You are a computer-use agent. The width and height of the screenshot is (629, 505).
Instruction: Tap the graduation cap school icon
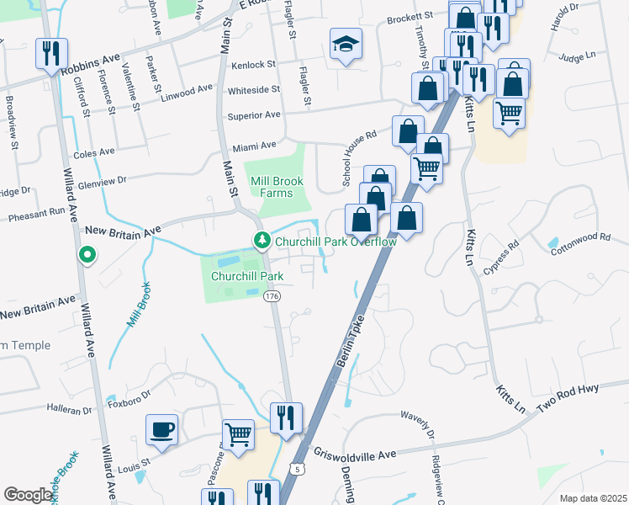tap(345, 44)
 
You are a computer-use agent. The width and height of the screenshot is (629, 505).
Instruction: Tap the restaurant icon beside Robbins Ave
tap(51, 54)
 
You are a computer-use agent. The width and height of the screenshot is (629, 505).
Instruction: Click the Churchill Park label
tap(247, 275)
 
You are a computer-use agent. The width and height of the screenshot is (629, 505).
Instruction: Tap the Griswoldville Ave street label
tap(354, 454)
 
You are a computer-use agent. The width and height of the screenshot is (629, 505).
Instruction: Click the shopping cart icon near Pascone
tap(239, 435)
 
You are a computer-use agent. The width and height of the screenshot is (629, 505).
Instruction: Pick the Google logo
tap(28, 495)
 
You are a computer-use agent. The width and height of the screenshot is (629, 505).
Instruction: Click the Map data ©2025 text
tap(592, 498)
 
